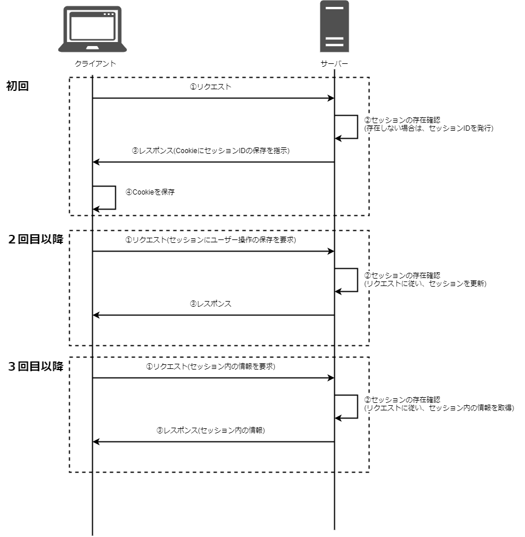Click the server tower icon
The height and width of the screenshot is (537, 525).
click(334, 26)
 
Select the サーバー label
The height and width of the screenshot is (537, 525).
click(334, 63)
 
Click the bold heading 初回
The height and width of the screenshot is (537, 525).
click(18, 86)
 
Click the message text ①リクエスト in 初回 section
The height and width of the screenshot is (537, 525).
click(211, 87)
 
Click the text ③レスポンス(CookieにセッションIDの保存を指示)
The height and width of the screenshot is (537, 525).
click(210, 151)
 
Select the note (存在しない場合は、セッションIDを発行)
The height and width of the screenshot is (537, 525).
click(429, 128)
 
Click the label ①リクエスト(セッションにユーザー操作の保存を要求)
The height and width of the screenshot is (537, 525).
click(210, 240)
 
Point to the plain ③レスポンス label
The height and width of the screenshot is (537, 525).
click(210, 304)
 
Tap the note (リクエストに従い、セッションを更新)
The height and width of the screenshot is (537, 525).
click(425, 284)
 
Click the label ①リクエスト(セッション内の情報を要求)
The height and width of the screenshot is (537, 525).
click(210, 367)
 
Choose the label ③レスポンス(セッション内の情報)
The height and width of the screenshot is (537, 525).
click(210, 431)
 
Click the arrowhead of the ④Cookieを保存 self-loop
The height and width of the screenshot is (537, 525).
click(96, 209)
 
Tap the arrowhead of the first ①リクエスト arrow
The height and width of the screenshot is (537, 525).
click(331, 98)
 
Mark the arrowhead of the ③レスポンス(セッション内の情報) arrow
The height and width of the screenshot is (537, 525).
click(96, 442)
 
